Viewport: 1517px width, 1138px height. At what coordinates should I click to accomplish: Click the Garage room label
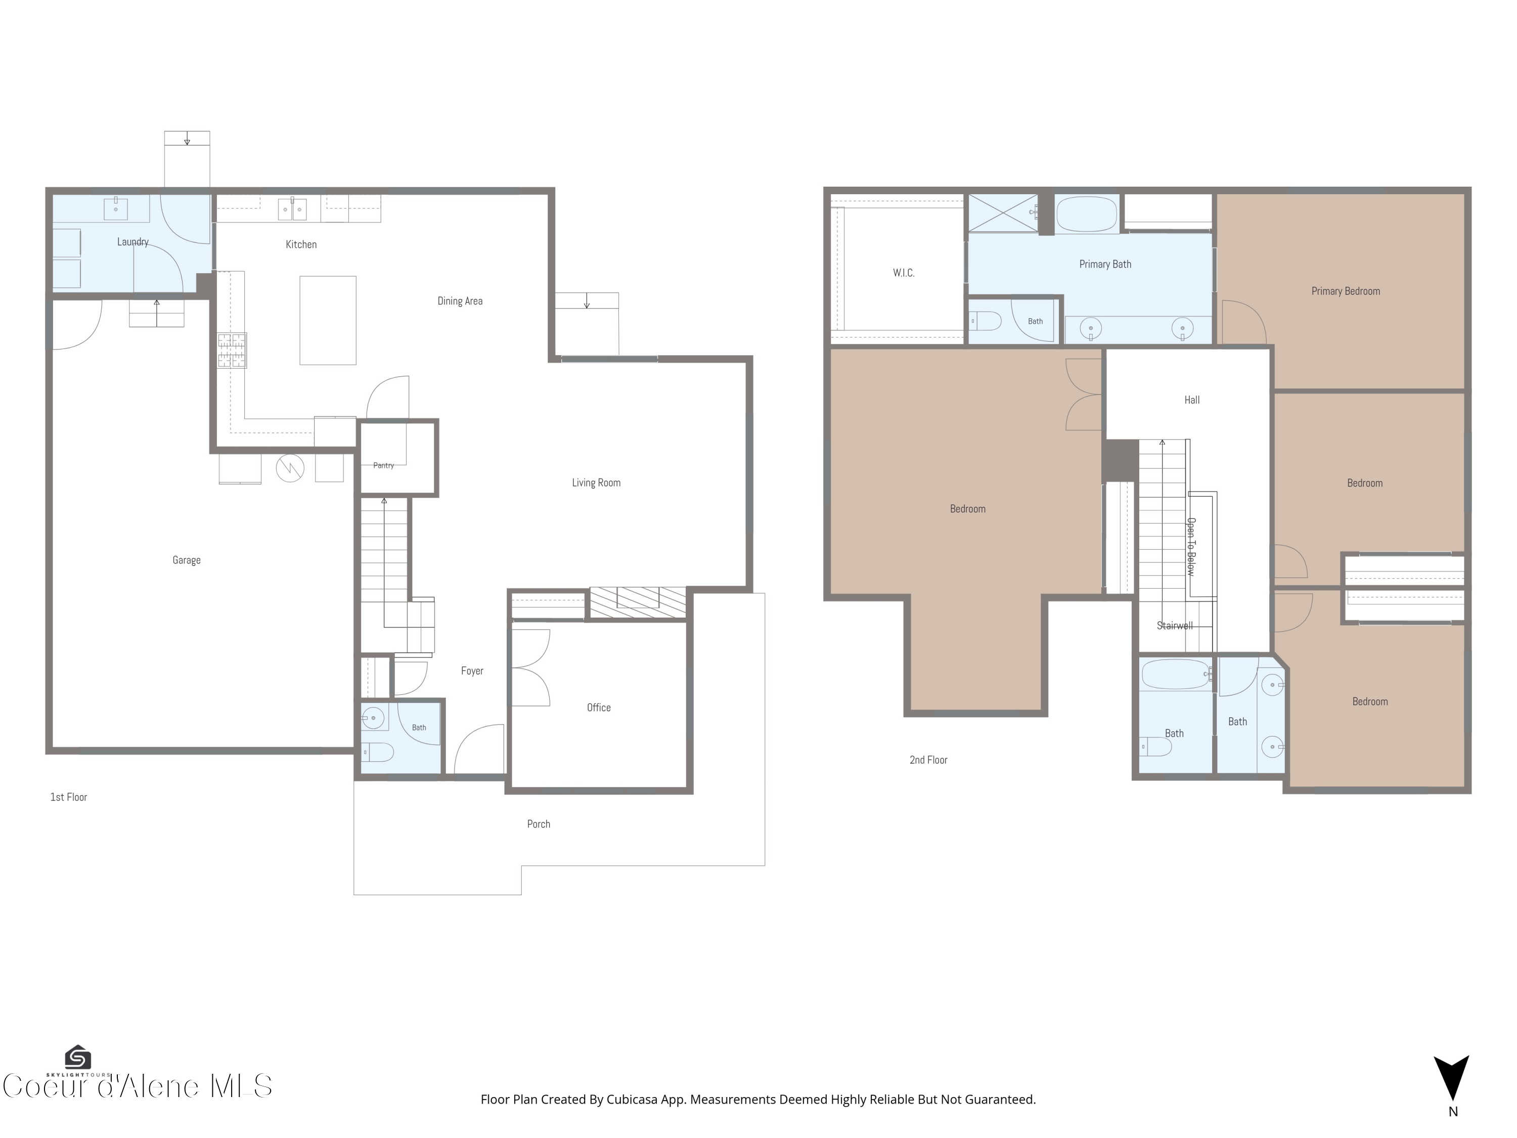click(187, 560)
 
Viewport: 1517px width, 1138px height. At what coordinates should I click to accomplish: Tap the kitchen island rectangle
click(328, 320)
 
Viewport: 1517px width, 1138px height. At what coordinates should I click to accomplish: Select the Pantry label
click(383, 466)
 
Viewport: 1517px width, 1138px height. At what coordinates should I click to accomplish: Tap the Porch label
click(539, 824)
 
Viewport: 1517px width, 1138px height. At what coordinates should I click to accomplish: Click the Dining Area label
click(460, 301)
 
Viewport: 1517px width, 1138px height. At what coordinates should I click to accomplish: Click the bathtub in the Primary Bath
click(1087, 214)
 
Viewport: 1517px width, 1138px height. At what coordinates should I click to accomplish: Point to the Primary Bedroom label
click(1346, 291)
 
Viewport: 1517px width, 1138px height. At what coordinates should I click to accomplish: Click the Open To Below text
click(1191, 547)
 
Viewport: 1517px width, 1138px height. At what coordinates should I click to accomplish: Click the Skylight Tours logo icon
click(77, 1057)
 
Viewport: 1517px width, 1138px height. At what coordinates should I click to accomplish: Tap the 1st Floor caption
click(69, 797)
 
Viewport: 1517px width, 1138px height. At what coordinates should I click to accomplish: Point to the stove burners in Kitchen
click(232, 351)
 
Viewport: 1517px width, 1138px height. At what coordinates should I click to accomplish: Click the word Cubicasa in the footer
click(632, 1100)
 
